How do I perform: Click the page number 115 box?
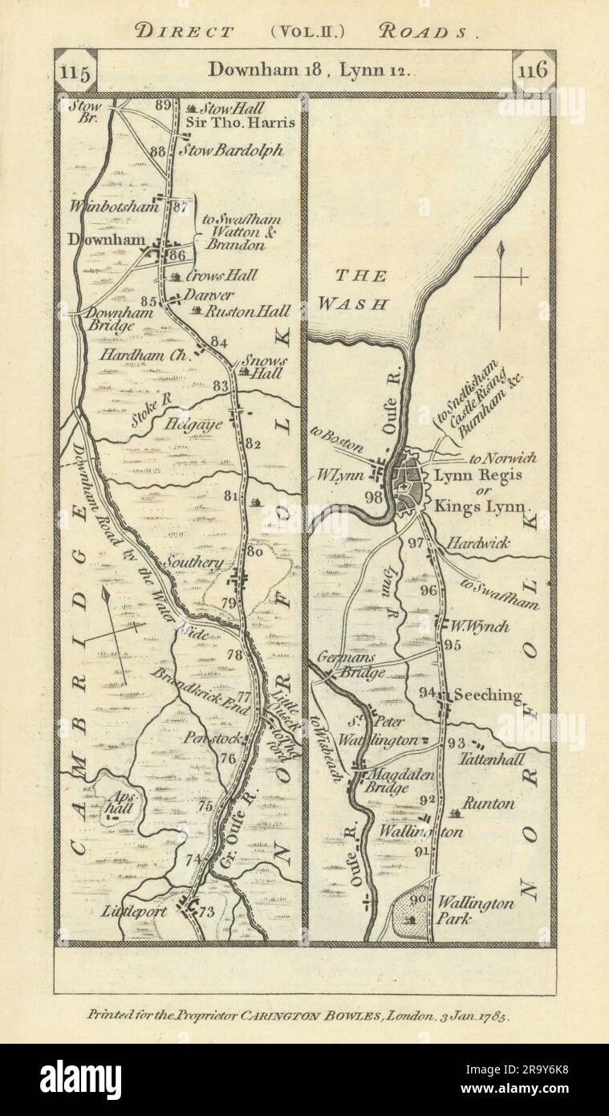75,70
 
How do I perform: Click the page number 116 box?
533,70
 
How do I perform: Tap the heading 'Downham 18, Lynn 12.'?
309,69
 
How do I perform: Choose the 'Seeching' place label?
487,695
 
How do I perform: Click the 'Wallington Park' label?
475,910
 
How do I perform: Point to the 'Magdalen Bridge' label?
401,782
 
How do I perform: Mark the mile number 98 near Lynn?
373,497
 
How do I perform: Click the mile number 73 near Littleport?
207,911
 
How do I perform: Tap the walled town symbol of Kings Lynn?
410,486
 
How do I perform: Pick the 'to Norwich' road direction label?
502,458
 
